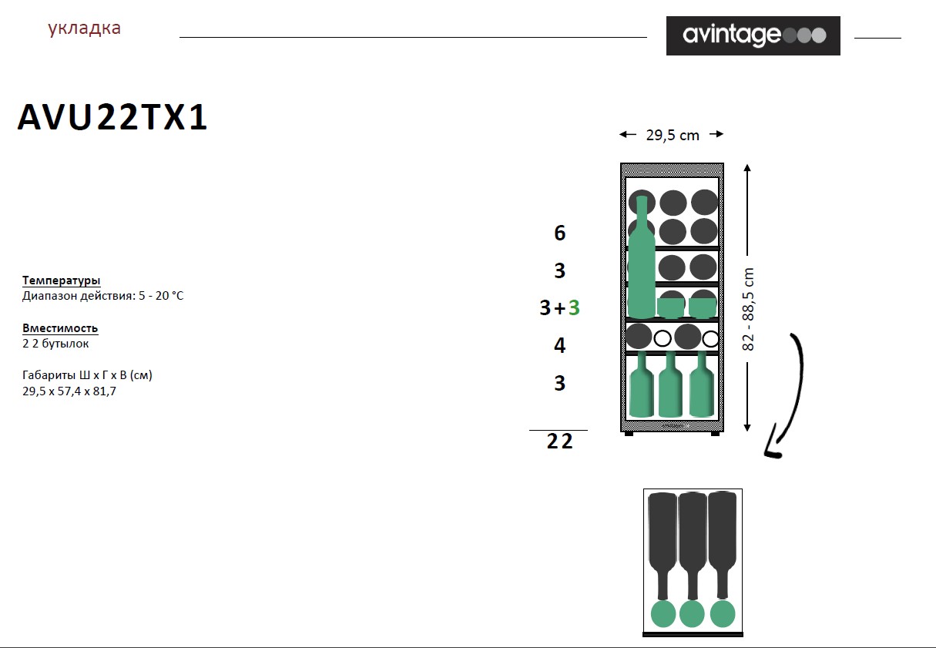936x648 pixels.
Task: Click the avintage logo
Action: click(x=753, y=35)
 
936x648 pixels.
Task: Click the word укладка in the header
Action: click(x=85, y=28)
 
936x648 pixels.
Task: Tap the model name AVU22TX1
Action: click(x=112, y=117)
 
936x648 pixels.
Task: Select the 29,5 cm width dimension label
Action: click(x=673, y=135)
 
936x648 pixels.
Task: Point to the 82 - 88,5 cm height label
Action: click(x=748, y=310)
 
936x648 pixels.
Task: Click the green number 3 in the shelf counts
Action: click(x=574, y=307)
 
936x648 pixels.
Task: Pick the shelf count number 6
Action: click(x=560, y=233)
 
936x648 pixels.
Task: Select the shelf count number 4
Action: click(x=560, y=345)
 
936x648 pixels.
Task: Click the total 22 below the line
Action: click(x=559, y=441)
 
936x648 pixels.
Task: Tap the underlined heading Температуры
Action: click(x=61, y=280)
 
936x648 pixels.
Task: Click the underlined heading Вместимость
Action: click(x=60, y=328)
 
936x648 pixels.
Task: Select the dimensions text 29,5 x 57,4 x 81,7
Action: click(x=69, y=391)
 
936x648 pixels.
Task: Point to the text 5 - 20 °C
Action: click(x=161, y=296)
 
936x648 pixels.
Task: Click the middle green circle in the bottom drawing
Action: click(x=692, y=614)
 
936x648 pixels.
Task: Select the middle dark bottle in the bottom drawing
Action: click(x=693, y=546)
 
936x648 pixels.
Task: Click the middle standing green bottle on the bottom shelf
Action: click(x=671, y=384)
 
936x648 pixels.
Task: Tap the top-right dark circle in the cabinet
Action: click(x=705, y=202)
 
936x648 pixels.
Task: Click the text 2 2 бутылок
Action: click(x=55, y=344)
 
